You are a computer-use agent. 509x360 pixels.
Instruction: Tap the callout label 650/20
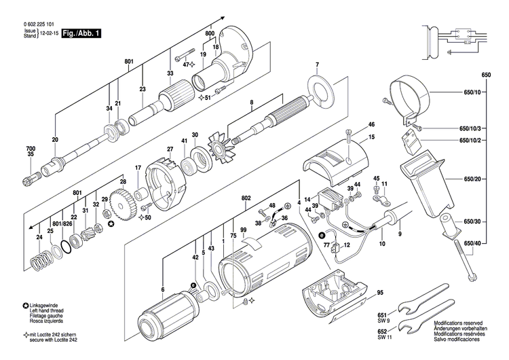click(x=472, y=179)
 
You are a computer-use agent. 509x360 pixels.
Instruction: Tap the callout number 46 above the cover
click(x=371, y=125)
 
